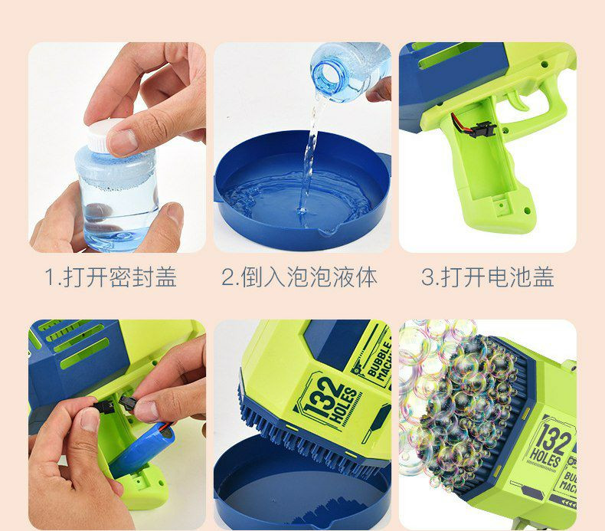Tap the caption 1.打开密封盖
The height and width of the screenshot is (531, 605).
(x=111, y=277)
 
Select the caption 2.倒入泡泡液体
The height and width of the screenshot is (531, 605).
(x=299, y=277)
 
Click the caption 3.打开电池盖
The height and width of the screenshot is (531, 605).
(x=488, y=277)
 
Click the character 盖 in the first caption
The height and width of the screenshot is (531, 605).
(x=166, y=277)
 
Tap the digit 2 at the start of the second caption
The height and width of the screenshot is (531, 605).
(x=227, y=277)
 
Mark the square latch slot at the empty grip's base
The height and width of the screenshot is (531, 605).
(x=502, y=203)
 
